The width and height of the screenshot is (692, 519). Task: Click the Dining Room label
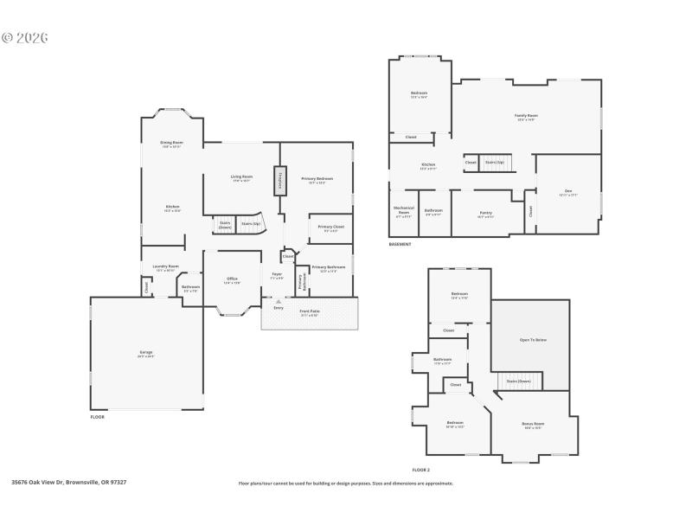171,144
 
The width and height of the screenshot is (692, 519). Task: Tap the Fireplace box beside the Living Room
280,181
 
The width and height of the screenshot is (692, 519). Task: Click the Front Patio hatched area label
309,312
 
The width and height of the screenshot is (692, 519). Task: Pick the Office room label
231,279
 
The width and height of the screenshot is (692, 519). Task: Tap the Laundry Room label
165,267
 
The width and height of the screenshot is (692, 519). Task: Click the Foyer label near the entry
277,276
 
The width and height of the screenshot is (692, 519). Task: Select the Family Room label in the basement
526,117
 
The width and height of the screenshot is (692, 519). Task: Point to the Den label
567,193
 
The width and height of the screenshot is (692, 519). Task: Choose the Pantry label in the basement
485,214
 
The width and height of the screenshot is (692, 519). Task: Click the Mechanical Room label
404,210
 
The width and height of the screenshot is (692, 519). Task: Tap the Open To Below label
533,340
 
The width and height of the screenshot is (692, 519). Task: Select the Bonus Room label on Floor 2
533,425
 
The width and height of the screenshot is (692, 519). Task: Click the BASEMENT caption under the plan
400,244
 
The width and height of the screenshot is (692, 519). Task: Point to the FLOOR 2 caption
420,469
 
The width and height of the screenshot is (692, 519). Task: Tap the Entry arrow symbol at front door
279,301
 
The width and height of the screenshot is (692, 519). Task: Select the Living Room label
241,178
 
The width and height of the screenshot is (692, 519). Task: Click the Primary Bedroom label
317,180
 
